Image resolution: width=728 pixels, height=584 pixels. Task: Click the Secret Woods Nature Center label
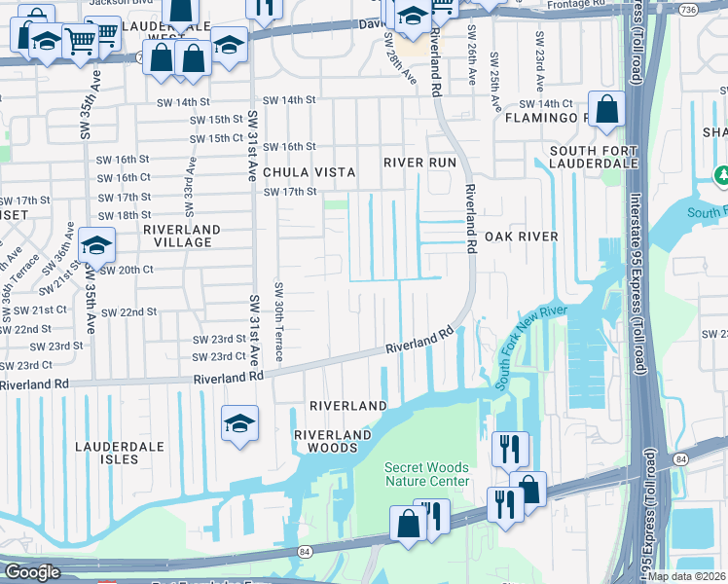(x=426, y=474)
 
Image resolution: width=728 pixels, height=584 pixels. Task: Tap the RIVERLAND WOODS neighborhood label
(x=334, y=440)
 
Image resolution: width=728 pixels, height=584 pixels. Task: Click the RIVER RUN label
(x=419, y=162)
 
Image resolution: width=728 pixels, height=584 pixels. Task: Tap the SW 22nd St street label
(x=128, y=312)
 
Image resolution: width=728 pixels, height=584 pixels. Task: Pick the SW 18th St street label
(x=125, y=215)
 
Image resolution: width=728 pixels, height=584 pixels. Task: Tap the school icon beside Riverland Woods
(x=239, y=423)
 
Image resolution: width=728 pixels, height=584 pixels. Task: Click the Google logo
(x=32, y=571)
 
